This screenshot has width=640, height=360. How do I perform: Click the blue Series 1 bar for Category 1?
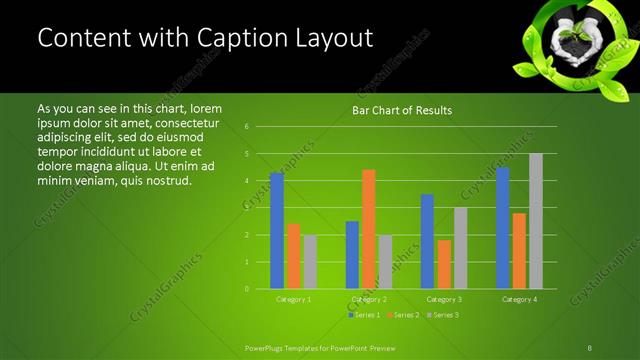[277, 231]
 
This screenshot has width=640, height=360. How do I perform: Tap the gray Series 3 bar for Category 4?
[536, 221]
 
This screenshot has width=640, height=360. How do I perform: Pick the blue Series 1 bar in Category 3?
[427, 241]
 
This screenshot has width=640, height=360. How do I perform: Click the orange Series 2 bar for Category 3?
[443, 264]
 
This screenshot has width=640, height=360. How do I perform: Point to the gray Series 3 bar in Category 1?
[310, 262]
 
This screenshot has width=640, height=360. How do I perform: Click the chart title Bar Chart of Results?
[402, 110]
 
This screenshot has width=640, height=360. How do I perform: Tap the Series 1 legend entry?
[363, 314]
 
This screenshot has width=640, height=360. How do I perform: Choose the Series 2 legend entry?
[402, 314]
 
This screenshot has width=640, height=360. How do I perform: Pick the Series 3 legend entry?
[441, 314]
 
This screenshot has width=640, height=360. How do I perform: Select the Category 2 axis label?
[368, 299]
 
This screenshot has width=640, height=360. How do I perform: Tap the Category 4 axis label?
[519, 299]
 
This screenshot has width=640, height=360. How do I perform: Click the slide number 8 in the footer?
[590, 347]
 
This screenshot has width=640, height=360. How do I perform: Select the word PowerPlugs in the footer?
[264, 347]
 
